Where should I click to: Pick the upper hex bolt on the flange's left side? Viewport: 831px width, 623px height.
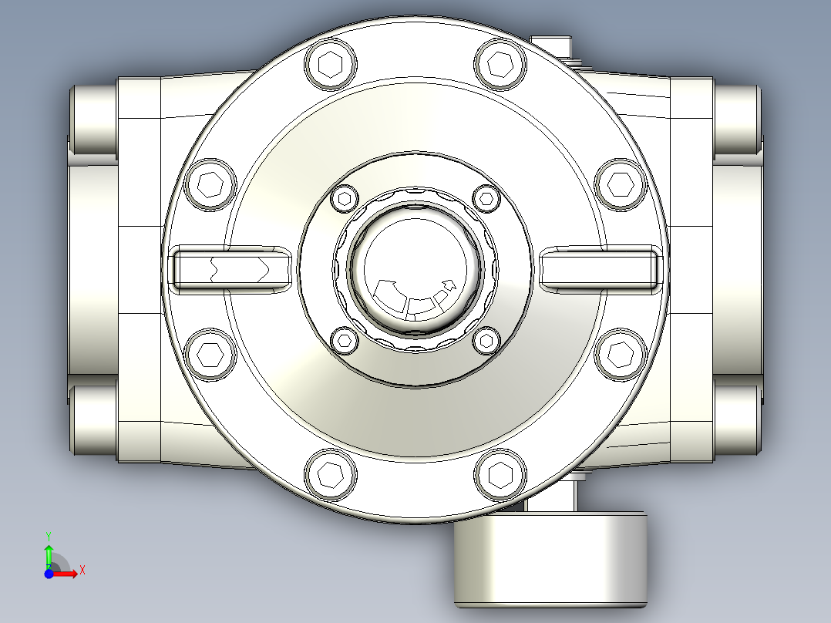click(x=211, y=184)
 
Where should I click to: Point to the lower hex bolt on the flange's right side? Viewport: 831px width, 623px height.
click(x=621, y=353)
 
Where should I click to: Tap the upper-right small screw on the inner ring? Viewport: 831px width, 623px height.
click(x=486, y=198)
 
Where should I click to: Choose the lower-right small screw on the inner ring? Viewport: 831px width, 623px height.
click(x=486, y=339)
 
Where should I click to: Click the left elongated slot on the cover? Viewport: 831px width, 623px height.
click(x=230, y=269)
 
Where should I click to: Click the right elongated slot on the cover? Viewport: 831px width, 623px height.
click(x=601, y=269)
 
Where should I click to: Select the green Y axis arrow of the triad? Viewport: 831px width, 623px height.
click(x=48, y=553)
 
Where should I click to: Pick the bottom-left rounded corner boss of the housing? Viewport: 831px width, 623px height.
click(x=93, y=420)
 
